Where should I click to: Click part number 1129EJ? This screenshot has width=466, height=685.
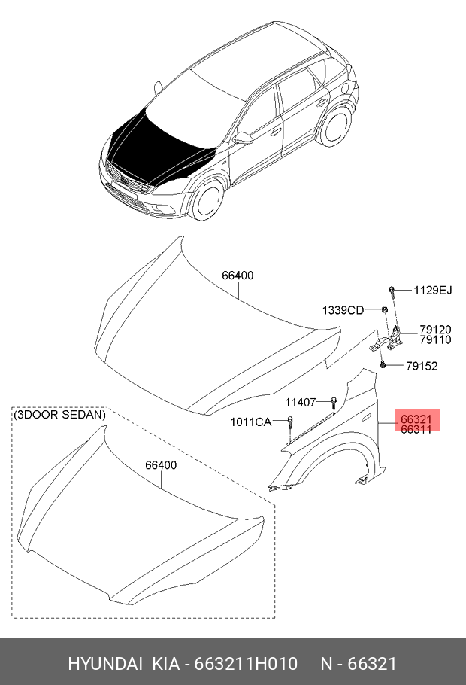tap(433, 290)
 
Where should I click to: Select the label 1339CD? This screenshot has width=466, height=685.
tap(343, 310)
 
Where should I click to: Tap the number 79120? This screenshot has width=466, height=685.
tap(435, 330)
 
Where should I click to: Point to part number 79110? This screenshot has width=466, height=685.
tap(435, 340)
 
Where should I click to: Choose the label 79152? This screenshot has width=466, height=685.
tap(422, 366)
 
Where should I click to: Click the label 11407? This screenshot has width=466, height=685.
tap(301, 403)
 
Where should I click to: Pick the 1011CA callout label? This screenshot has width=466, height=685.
tap(251, 422)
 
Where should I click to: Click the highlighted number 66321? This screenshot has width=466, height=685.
tap(416, 419)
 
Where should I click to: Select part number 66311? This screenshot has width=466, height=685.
tap(416, 430)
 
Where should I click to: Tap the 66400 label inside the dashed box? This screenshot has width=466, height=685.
tap(161, 465)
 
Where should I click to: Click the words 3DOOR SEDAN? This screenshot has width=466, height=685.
tap(60, 414)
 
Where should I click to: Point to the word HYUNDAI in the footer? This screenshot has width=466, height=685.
tap(105, 664)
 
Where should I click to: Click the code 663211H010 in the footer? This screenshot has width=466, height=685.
tap(246, 664)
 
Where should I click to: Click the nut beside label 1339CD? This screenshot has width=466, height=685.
tap(384, 309)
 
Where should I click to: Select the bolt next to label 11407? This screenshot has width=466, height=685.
tap(334, 402)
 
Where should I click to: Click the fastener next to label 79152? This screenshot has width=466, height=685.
tap(383, 364)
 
